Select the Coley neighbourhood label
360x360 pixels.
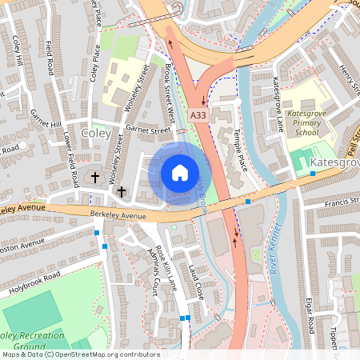click(96, 134)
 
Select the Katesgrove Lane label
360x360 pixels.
click(278, 102)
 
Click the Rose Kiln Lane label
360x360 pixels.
click(166, 266)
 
